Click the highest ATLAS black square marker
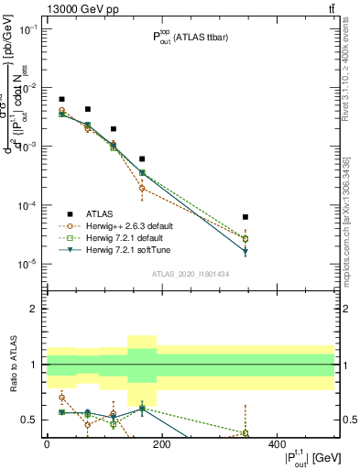(61, 99)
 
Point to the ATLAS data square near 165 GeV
(142, 159)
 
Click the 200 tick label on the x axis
(161, 444)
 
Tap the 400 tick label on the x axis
(277, 444)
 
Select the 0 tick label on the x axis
(47, 444)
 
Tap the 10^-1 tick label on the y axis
(27, 29)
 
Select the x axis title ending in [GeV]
(306, 459)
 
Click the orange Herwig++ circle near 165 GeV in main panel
(142, 188)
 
